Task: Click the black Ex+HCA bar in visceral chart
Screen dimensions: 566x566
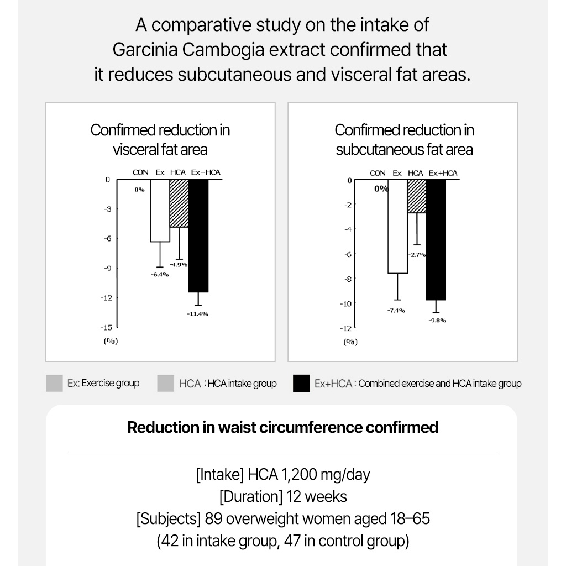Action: click(x=198, y=235)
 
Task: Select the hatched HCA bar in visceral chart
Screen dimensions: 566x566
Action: click(x=179, y=203)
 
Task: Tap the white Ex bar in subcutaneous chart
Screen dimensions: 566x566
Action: click(x=397, y=227)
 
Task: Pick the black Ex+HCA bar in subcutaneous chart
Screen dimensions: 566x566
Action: click(x=435, y=239)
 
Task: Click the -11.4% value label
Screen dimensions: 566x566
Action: click(x=198, y=313)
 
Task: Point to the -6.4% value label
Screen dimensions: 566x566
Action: click(x=160, y=275)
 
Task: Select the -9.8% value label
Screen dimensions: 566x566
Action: click(x=437, y=321)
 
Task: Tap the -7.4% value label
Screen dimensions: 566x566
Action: click(x=396, y=310)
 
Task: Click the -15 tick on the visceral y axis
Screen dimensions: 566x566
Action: click(x=107, y=327)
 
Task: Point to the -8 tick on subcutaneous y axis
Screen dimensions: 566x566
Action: click(x=348, y=279)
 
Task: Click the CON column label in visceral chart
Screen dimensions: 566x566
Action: click(x=140, y=172)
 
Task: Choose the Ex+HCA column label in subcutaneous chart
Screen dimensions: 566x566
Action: click(x=443, y=173)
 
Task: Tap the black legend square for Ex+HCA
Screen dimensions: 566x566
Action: click(x=301, y=383)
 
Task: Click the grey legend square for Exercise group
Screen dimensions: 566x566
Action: click(x=54, y=383)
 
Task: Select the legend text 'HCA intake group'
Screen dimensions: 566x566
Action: click(x=242, y=384)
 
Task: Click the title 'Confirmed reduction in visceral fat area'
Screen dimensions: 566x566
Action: click(x=160, y=139)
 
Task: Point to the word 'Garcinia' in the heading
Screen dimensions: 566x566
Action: click(x=145, y=50)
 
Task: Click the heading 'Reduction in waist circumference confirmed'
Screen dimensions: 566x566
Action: click(x=282, y=427)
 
